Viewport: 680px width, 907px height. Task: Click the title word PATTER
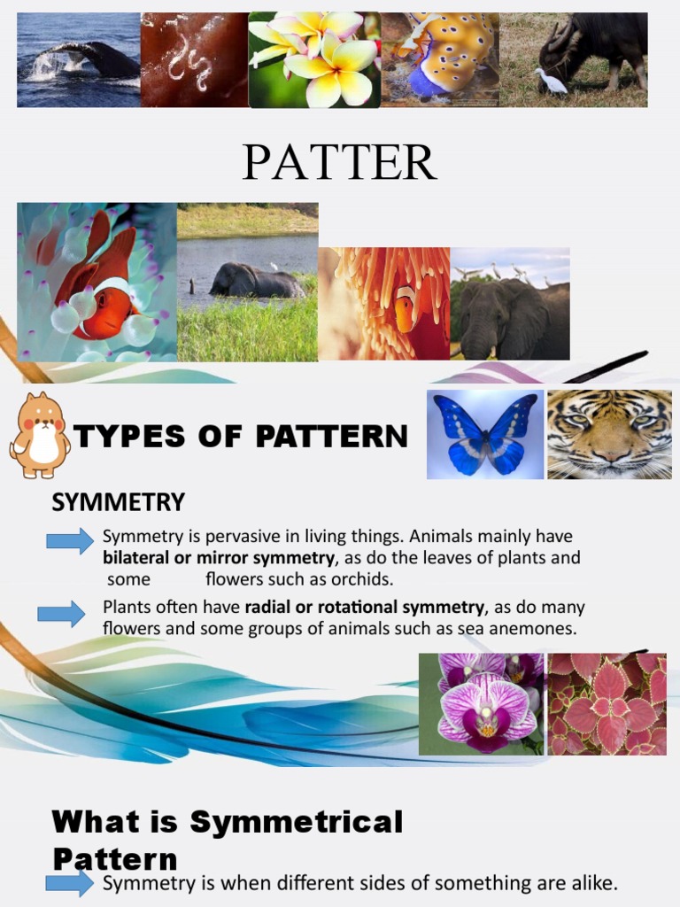click(x=339, y=161)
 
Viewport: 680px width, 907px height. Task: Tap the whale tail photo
click(x=79, y=59)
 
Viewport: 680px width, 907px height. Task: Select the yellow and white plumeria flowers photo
click(x=314, y=59)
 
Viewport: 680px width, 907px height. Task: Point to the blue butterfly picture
click(x=485, y=434)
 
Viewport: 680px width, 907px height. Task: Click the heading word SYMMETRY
click(x=118, y=503)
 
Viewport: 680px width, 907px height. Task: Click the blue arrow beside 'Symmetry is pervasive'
click(x=70, y=540)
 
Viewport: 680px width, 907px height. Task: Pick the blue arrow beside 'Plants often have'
click(x=61, y=613)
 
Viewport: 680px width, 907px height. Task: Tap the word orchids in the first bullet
click(x=362, y=579)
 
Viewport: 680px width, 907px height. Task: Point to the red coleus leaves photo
click(x=607, y=704)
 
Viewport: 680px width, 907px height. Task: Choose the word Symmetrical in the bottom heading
click(x=297, y=822)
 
